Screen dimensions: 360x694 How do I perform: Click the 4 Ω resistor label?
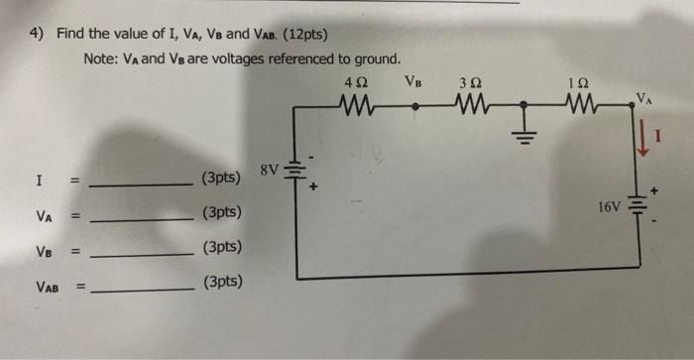pos(357,82)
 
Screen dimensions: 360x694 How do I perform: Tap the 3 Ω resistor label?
pos(470,82)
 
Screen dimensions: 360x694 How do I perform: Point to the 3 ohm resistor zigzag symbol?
pos(471,103)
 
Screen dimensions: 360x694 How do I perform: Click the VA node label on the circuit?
pos(645,97)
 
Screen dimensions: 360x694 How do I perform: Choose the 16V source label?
pos(610,207)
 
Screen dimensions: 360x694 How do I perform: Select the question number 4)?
pos(37,33)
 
